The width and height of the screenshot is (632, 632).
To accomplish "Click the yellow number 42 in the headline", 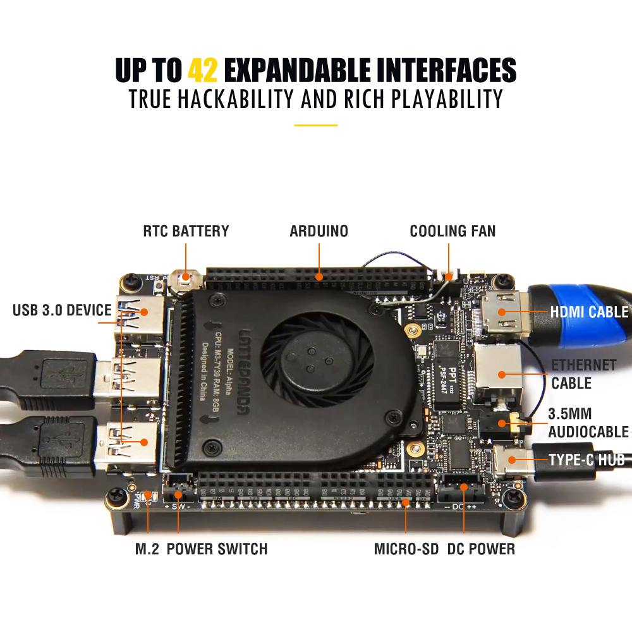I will [x=203, y=70].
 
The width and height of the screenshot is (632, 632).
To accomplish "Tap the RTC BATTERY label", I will [x=186, y=231].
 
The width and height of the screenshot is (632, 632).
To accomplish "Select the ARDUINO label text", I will [x=319, y=231].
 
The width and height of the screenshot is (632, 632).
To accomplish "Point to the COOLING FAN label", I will [x=453, y=231].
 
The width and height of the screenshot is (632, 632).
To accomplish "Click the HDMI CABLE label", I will [x=589, y=312].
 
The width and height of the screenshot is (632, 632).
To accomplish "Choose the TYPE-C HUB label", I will [x=586, y=460].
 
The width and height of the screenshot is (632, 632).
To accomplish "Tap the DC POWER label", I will [x=481, y=549].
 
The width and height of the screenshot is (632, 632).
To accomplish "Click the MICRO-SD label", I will [x=406, y=549].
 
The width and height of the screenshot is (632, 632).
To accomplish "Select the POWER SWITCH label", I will [x=217, y=549].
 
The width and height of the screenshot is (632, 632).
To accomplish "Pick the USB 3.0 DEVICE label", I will [x=62, y=310].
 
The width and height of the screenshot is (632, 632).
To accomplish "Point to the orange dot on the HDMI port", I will [x=502, y=312].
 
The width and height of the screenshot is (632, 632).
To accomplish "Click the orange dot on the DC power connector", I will [x=464, y=487].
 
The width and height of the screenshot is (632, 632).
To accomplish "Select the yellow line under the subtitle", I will [x=315, y=125].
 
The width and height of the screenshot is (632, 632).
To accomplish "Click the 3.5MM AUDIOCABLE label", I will [x=588, y=423].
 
